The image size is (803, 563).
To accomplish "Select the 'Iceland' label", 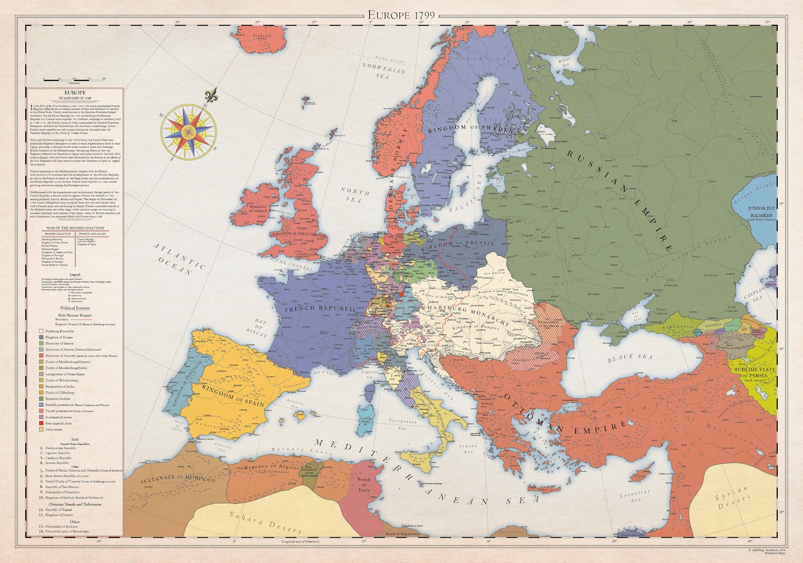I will (262, 36).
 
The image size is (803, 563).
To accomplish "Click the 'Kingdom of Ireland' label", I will (258, 209).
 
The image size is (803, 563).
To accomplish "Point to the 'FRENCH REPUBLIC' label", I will (320, 309).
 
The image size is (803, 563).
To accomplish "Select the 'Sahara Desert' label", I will (264, 523).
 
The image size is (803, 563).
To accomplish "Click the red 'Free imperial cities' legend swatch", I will (41, 423).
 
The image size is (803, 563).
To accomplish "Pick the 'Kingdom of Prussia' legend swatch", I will (41, 337).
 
